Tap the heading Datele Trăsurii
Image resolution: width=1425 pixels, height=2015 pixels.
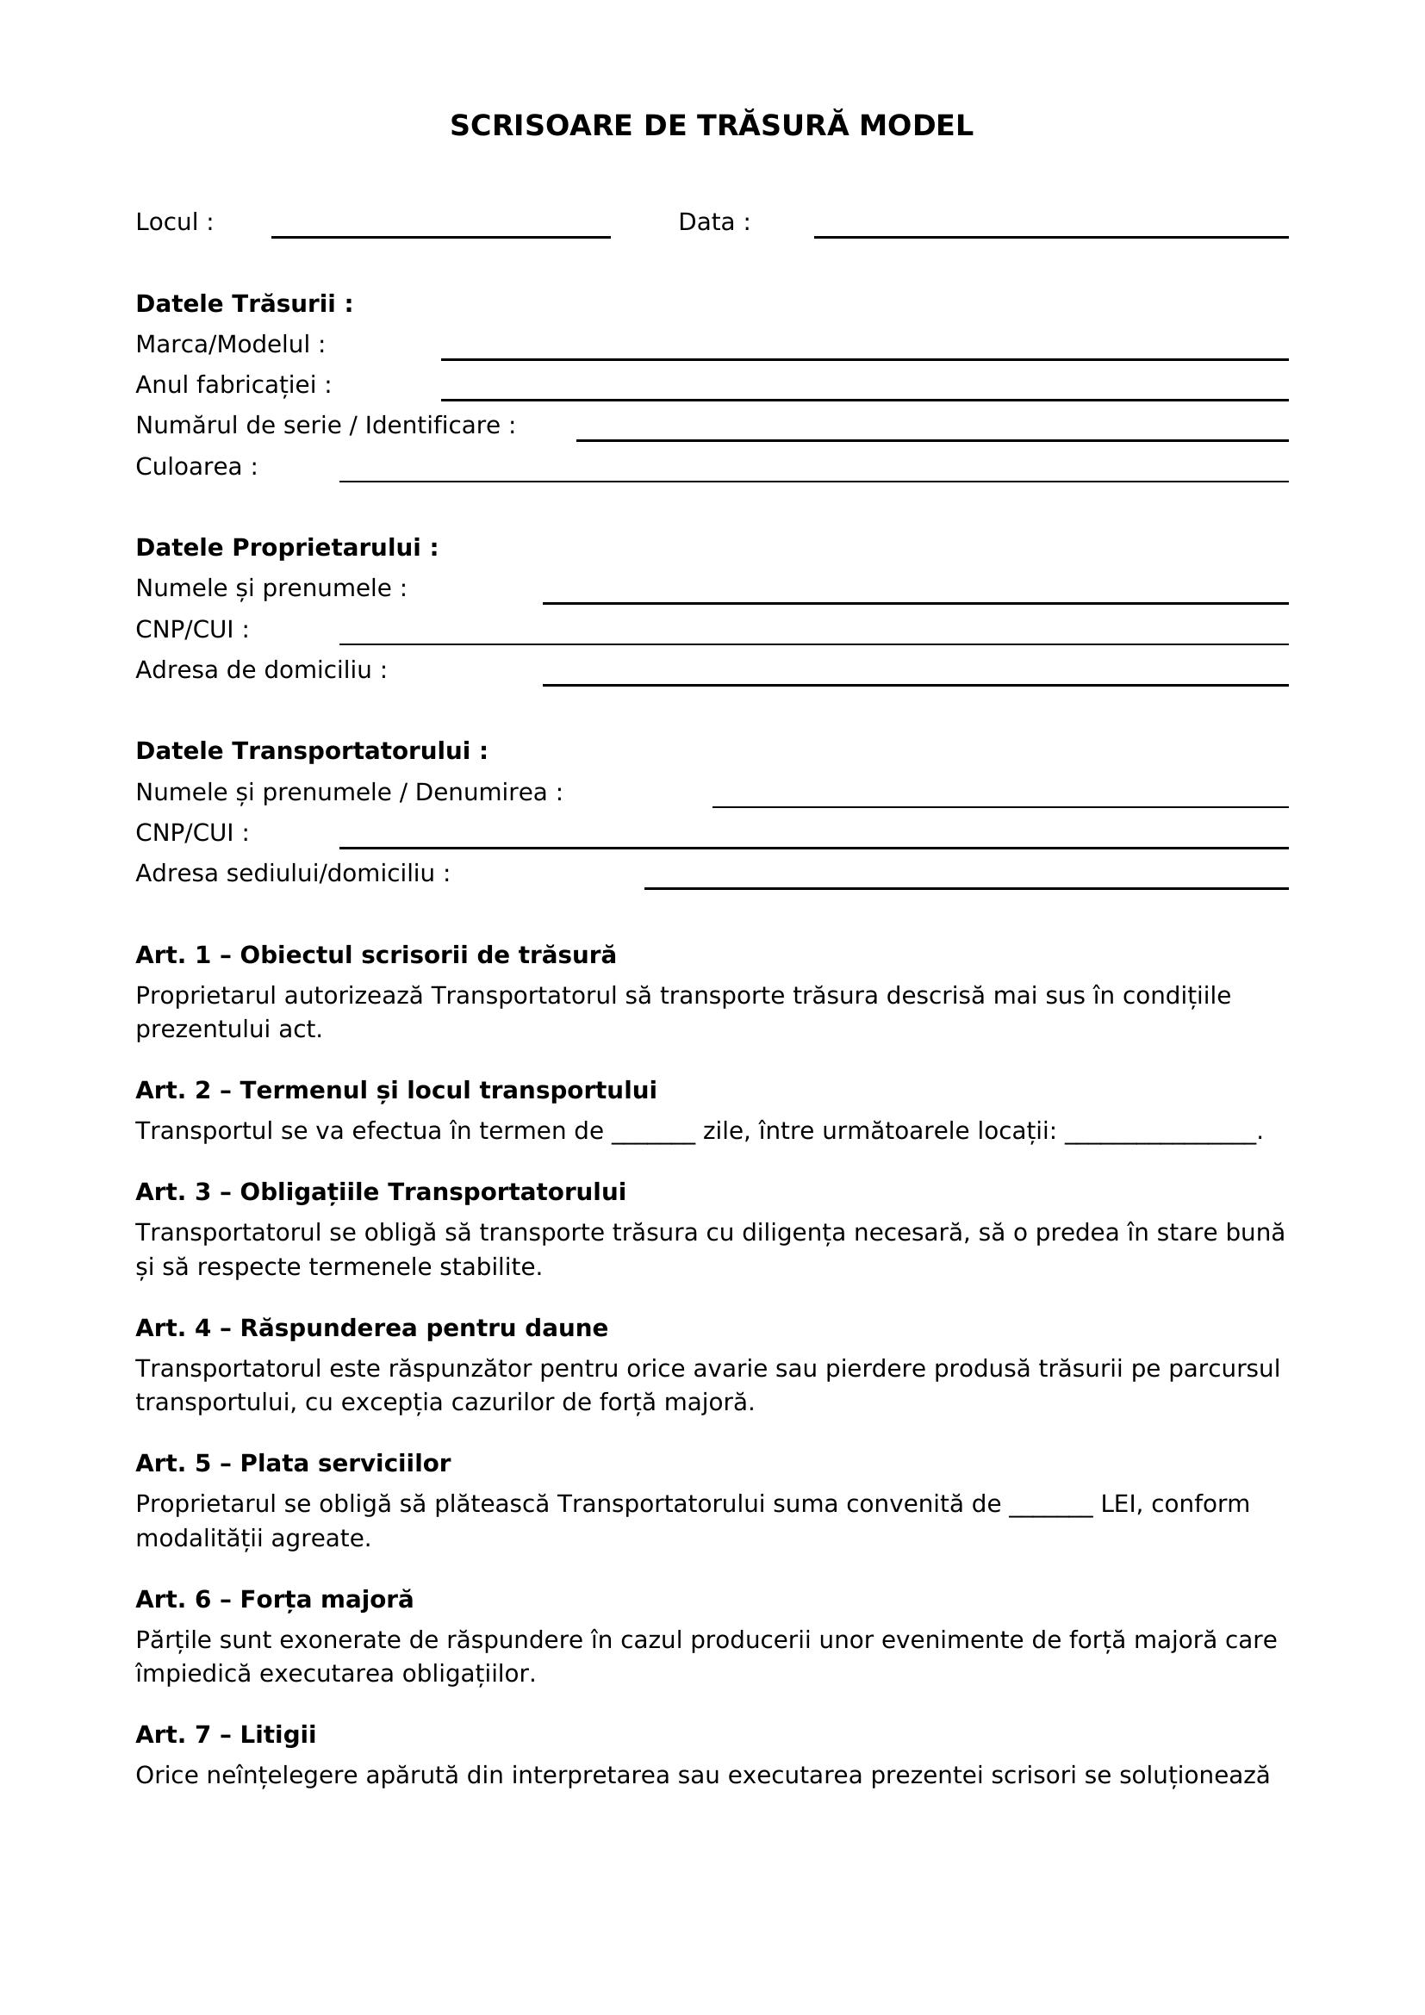tap(244, 303)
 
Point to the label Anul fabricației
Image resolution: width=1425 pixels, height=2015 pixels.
tap(233, 385)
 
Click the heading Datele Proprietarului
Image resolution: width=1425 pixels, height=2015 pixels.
tap(286, 548)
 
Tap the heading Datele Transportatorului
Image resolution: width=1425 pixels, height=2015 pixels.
tap(312, 751)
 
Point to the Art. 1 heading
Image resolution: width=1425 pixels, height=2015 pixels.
tap(376, 955)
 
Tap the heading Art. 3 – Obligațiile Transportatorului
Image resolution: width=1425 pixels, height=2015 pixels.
tap(380, 1191)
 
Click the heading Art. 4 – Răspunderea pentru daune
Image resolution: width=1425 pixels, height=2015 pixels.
tap(371, 1328)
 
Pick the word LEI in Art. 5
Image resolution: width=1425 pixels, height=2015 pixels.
tap(1118, 1504)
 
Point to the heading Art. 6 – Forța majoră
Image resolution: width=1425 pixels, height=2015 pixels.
tap(274, 1600)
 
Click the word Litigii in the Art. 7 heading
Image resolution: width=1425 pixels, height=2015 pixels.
tap(277, 1735)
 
